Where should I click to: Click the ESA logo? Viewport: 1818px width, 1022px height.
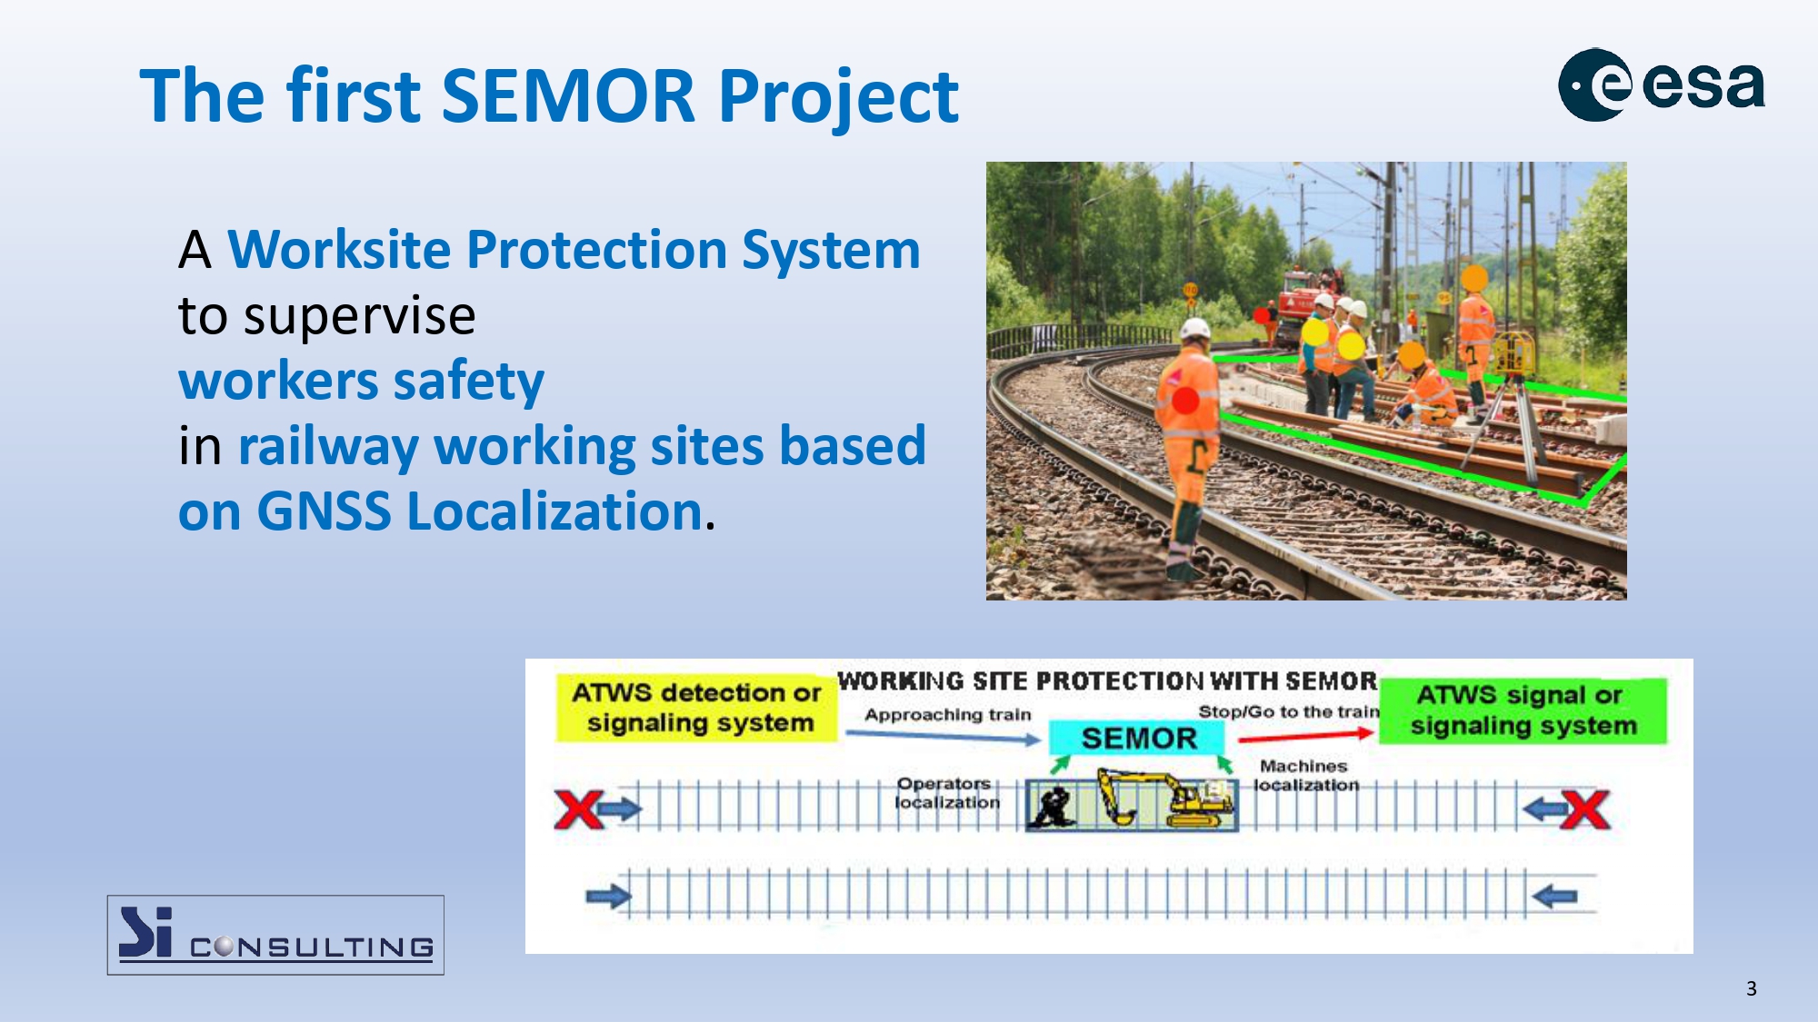coord(1662,84)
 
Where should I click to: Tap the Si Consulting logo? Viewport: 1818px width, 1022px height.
coord(275,935)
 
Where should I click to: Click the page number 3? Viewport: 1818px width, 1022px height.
coord(1751,988)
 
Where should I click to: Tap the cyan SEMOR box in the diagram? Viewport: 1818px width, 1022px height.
coord(1138,738)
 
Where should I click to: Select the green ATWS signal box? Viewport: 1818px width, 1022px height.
coord(1523,710)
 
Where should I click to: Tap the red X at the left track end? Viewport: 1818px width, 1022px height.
coord(579,809)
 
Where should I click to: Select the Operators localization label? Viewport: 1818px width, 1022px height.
coord(946,793)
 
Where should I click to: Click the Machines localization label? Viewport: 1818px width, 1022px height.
coord(1306,776)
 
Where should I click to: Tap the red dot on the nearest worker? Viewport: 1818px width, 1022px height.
coord(1185,400)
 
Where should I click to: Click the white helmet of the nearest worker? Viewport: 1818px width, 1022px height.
coord(1194,329)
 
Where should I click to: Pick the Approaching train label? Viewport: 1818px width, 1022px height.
coord(947,715)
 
